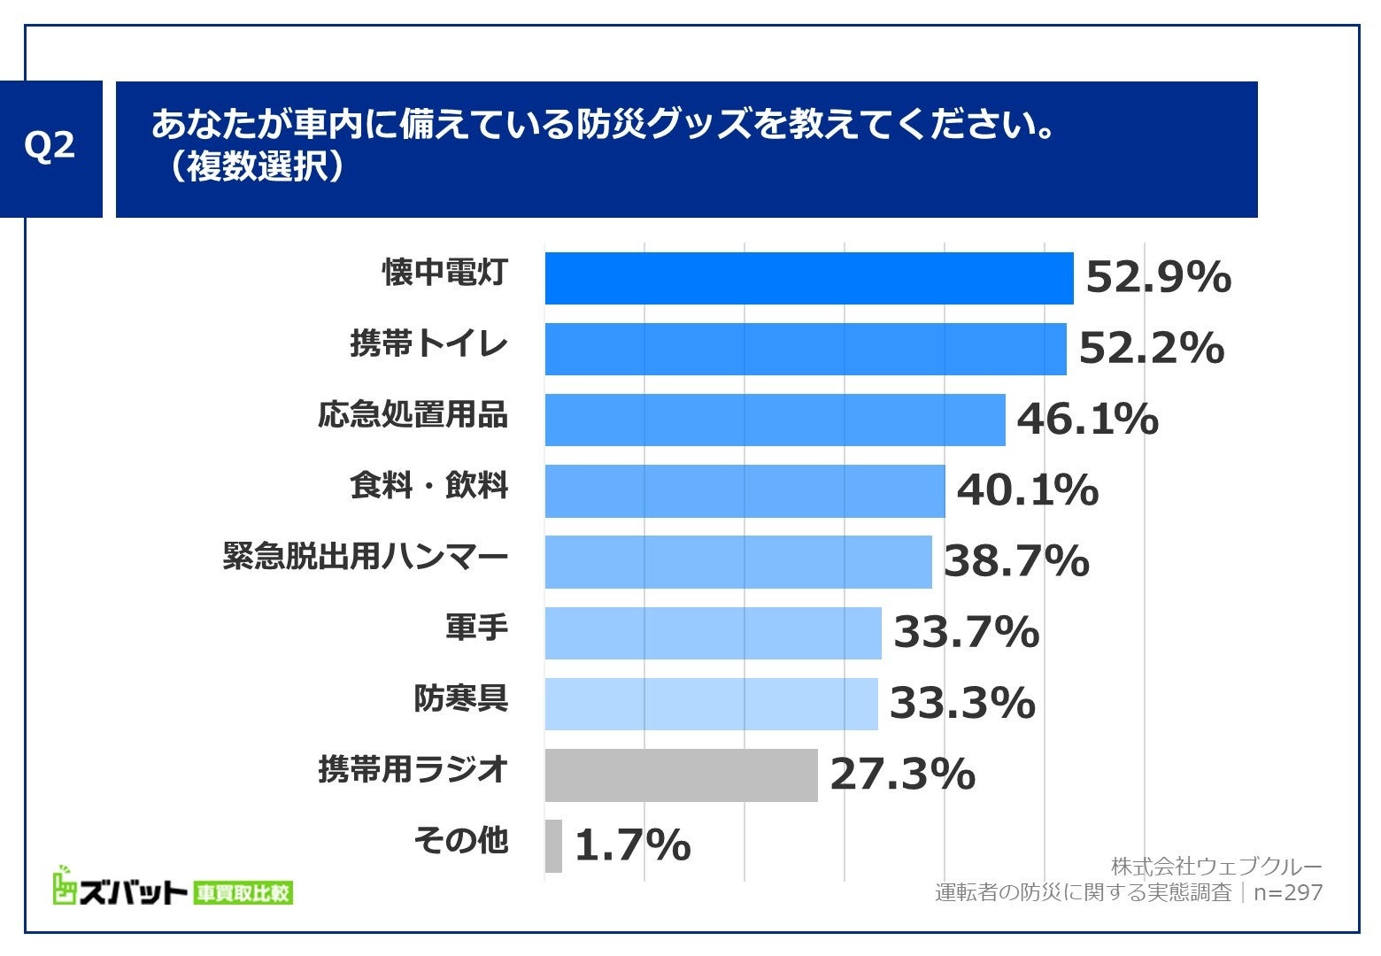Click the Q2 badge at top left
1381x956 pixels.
(50, 148)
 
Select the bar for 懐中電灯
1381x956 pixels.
(808, 278)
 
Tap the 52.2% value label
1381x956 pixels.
(1151, 349)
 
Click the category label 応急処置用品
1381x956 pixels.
(413, 415)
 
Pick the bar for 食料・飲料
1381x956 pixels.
(745, 491)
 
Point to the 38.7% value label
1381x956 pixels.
(1016, 561)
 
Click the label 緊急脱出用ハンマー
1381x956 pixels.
(366, 558)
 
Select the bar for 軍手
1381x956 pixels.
(713, 633)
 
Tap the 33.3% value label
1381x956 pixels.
(962, 704)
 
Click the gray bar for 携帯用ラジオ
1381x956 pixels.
(681, 775)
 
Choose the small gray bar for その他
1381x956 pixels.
(553, 846)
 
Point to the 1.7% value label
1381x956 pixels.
(632, 845)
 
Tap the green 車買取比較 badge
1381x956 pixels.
(243, 893)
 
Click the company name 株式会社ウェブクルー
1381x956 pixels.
(1215, 866)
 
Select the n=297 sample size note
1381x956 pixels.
(1288, 892)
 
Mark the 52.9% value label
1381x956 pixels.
(1158, 278)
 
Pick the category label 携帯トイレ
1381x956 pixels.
(429, 344)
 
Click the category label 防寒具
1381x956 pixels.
(460, 699)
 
